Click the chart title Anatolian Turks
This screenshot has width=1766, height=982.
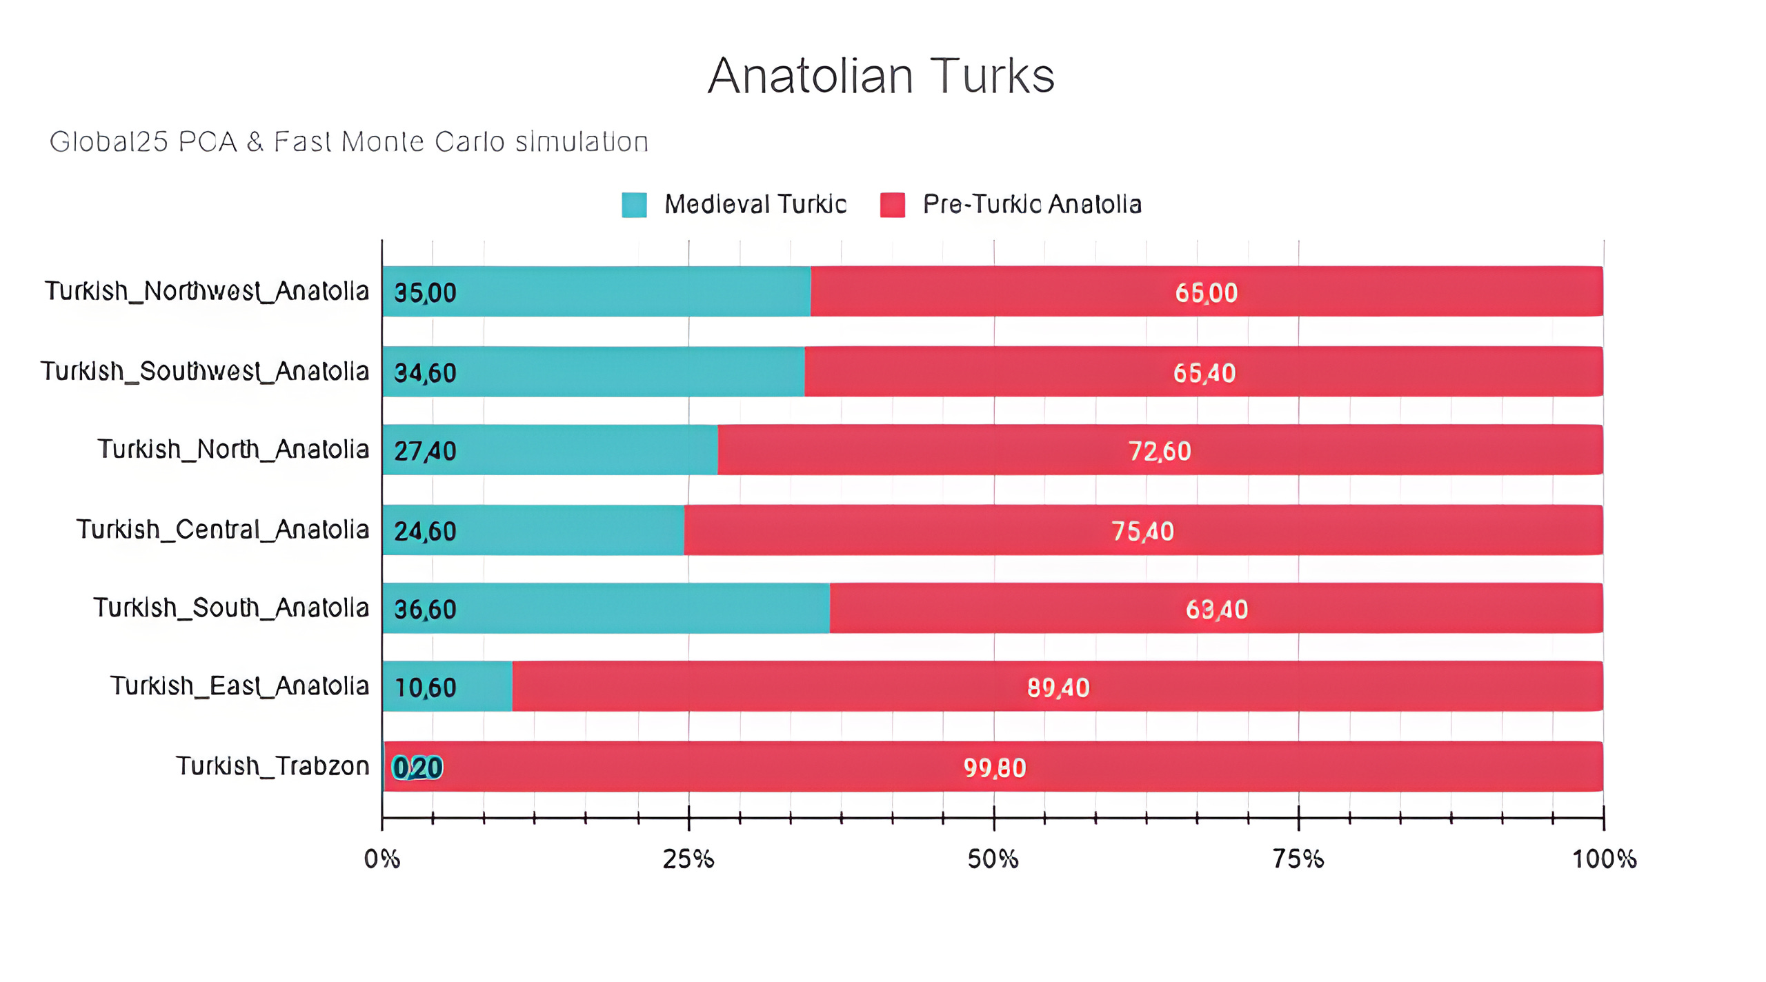click(x=881, y=76)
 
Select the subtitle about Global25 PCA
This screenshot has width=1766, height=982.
click(x=349, y=142)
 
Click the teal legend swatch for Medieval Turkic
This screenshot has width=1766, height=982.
click(x=633, y=205)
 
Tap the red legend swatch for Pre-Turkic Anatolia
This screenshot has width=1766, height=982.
click(x=891, y=205)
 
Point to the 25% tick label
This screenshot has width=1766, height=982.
click(x=688, y=859)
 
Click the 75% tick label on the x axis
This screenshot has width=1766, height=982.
click(x=1298, y=859)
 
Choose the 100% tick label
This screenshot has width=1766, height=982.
click(x=1603, y=859)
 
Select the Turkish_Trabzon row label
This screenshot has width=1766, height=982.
click(x=272, y=766)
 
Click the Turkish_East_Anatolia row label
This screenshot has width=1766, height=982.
click(x=239, y=686)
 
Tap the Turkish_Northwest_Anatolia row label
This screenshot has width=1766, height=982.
click(x=207, y=292)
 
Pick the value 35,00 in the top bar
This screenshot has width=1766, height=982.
click(x=425, y=293)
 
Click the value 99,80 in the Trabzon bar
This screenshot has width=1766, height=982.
click(x=994, y=768)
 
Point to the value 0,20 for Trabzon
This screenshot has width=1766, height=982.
click(x=417, y=768)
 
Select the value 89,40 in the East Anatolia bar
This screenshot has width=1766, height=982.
click(x=1058, y=688)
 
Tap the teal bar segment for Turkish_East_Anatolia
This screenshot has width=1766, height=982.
click(x=483, y=686)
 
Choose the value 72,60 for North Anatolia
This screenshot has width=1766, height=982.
click(x=1159, y=451)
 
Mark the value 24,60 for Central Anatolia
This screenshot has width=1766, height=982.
click(x=425, y=531)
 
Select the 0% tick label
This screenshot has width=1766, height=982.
click(x=381, y=859)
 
